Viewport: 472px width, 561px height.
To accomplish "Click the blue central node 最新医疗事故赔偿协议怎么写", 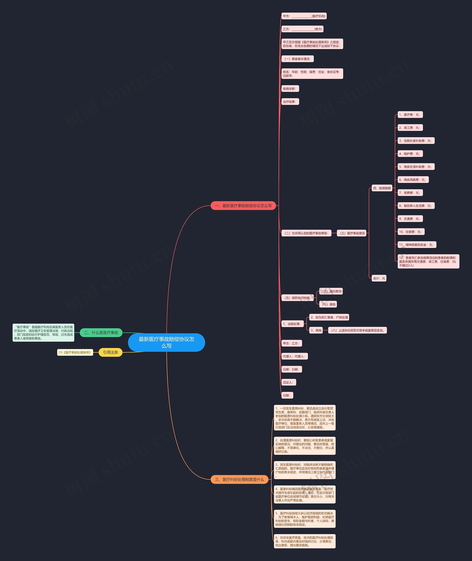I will (x=166, y=342).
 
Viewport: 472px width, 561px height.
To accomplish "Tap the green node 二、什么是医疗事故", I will (x=101, y=333).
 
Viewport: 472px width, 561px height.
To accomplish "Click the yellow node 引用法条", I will (x=110, y=352).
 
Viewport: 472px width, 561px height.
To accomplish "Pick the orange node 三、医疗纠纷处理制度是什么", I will (x=240, y=479).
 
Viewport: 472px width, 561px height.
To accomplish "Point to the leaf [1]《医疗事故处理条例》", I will (x=75, y=352).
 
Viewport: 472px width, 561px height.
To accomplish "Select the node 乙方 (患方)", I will (x=302, y=29).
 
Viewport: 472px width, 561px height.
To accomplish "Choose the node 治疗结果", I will (x=290, y=102).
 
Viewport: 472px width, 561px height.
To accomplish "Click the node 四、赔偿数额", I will (x=382, y=188).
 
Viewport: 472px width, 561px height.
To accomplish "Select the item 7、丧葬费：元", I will (x=410, y=193).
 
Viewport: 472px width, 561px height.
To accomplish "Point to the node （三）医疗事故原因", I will (x=352, y=233).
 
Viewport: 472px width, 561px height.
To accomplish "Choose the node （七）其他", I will (x=328, y=304).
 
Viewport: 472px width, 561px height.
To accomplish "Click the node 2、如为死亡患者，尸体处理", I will (x=329, y=317).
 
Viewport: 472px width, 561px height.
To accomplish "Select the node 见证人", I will (x=288, y=382).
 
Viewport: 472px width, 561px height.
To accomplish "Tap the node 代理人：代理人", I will (x=294, y=356).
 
